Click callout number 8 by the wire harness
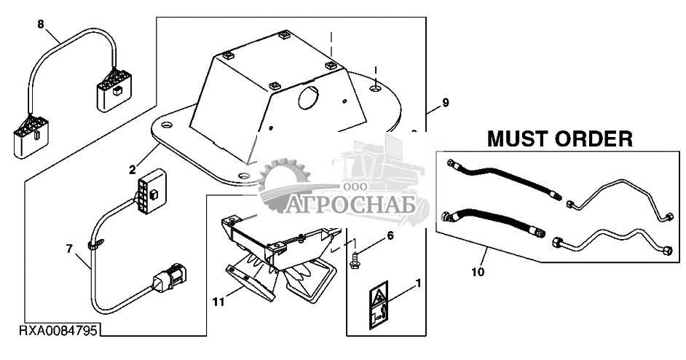click(x=41, y=25)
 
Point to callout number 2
click(x=133, y=170)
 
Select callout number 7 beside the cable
click(x=69, y=249)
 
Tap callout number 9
click(x=446, y=103)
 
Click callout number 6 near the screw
click(x=390, y=236)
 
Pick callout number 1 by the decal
click(x=417, y=283)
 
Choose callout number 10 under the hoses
click(x=478, y=272)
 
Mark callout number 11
click(x=218, y=302)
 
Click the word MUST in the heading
click(x=518, y=139)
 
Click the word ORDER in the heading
click(x=594, y=139)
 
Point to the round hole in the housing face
click(x=309, y=98)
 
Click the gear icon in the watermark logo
click(x=283, y=185)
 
